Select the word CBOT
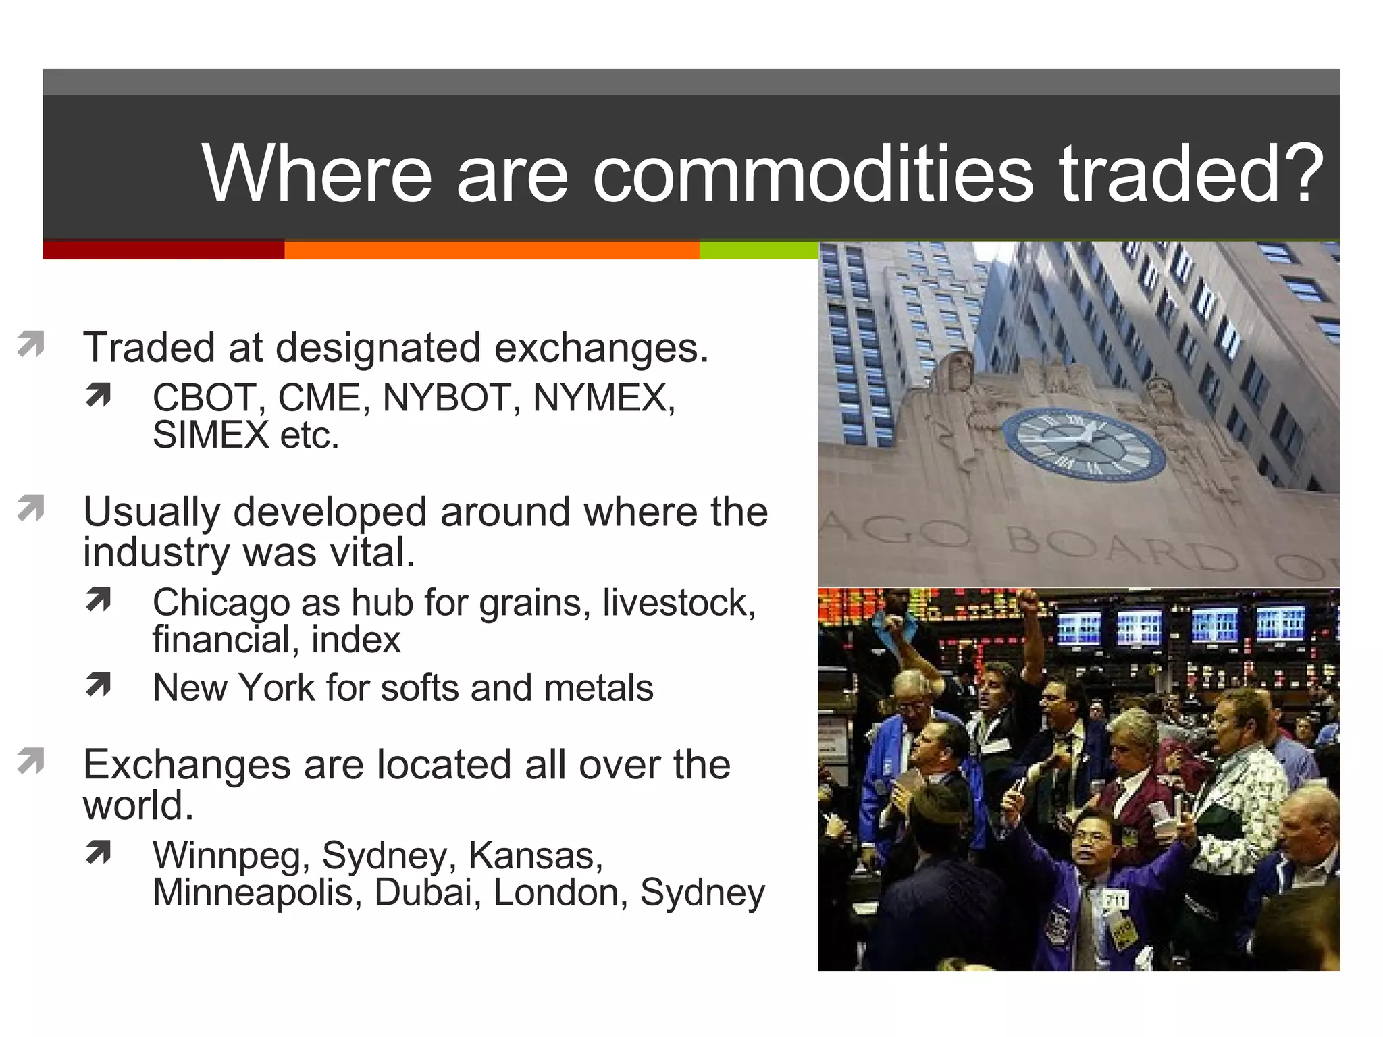(x=205, y=398)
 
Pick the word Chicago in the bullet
(x=221, y=602)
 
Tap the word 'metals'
(x=598, y=688)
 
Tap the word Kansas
(x=533, y=855)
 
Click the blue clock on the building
(x=1083, y=445)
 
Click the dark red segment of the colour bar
(x=163, y=250)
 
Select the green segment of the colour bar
(x=758, y=250)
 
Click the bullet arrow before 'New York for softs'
(x=98, y=685)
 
